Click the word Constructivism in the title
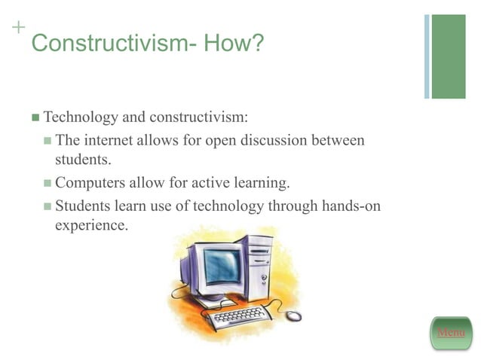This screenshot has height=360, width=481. pos(109,44)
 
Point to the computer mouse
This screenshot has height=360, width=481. pos(293,316)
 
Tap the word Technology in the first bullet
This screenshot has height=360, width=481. pos(81,117)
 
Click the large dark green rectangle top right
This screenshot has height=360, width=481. pos(449,56)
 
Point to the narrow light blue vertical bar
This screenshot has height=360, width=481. pos(427,56)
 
